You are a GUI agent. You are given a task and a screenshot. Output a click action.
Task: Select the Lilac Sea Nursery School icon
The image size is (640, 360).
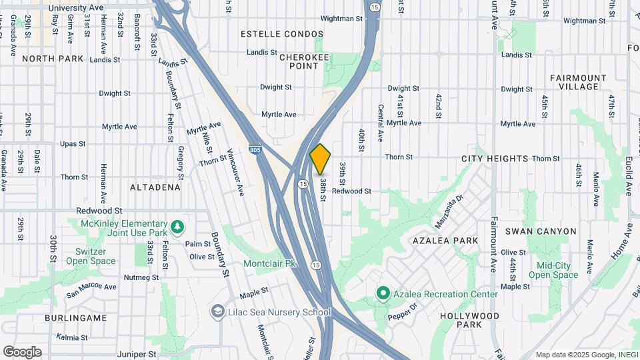click(218, 312)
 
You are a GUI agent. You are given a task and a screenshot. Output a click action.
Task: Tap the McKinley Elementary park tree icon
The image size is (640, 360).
click(177, 227)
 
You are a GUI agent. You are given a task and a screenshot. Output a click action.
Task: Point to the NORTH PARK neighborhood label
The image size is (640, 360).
click(53, 59)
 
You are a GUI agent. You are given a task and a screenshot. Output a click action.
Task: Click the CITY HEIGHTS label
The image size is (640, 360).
click(495, 159)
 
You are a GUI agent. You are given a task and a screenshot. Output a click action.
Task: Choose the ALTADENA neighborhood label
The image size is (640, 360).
click(155, 187)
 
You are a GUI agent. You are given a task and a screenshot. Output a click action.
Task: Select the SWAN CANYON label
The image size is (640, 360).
click(540, 231)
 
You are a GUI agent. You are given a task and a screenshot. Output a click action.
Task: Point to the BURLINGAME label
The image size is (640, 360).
click(76, 318)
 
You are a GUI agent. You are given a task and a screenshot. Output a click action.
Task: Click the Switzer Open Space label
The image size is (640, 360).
click(90, 256)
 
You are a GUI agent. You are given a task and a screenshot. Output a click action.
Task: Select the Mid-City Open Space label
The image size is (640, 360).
click(553, 270)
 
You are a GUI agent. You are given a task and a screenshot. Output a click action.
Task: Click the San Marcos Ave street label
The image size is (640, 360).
click(91, 288)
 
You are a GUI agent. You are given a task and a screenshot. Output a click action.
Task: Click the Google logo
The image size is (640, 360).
click(22, 352)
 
